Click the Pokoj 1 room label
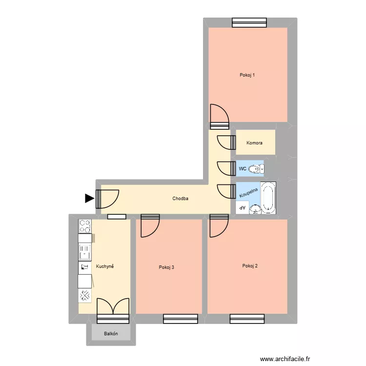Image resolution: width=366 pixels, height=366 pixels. pos(247,75)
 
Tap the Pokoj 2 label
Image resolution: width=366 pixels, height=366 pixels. pos(249,266)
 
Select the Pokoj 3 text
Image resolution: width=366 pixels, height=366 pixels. pos(166,267)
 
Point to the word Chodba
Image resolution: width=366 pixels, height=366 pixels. pos(181,199)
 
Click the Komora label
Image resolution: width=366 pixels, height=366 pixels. pos(254,143)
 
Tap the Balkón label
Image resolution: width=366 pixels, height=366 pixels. pos(111,334)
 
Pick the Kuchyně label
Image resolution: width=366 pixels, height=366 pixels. pos(105,266)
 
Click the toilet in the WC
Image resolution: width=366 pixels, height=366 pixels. pos(255,169)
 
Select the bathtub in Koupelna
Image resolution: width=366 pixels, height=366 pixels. pos(268,198)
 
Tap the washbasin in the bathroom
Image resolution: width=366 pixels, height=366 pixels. pos(255,209)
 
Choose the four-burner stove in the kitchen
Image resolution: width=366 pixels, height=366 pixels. pos(85,226)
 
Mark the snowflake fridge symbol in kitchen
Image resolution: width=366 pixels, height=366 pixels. pos(85,295)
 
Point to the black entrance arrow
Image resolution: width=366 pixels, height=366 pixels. pos(89,198)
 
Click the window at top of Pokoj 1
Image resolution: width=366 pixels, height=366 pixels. pos(249,22)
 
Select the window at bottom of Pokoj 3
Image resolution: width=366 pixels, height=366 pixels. pos(181,319)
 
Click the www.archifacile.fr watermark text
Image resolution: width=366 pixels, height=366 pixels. pos(285,359)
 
